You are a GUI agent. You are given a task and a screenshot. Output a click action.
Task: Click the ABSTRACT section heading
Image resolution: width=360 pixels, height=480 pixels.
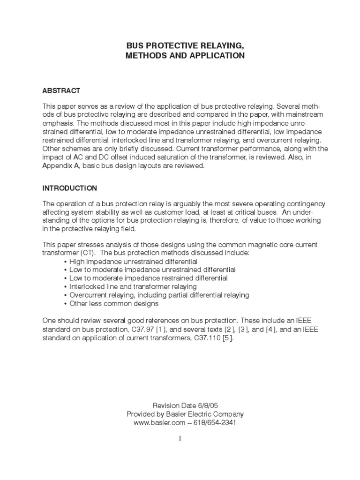pyautogui.click(x=61, y=90)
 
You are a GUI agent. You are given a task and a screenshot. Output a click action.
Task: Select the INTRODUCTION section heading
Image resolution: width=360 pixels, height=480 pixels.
pyautogui.click(x=70, y=188)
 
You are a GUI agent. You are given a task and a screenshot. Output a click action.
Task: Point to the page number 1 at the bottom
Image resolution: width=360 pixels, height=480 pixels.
pyautogui.click(x=180, y=438)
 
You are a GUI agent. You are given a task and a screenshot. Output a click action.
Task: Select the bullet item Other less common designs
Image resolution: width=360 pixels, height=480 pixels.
pyautogui.click(x=114, y=303)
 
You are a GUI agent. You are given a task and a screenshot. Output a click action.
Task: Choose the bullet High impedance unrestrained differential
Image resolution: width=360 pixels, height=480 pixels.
pyautogui.click(x=133, y=261)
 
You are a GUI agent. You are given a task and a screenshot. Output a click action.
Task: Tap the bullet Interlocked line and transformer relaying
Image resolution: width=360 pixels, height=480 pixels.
pyautogui.click(x=133, y=286)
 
